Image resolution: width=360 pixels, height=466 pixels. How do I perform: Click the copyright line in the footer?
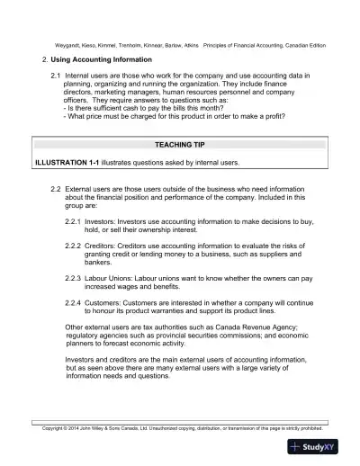click(x=180, y=427)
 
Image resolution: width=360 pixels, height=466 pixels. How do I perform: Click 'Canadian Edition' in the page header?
click(x=301, y=45)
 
